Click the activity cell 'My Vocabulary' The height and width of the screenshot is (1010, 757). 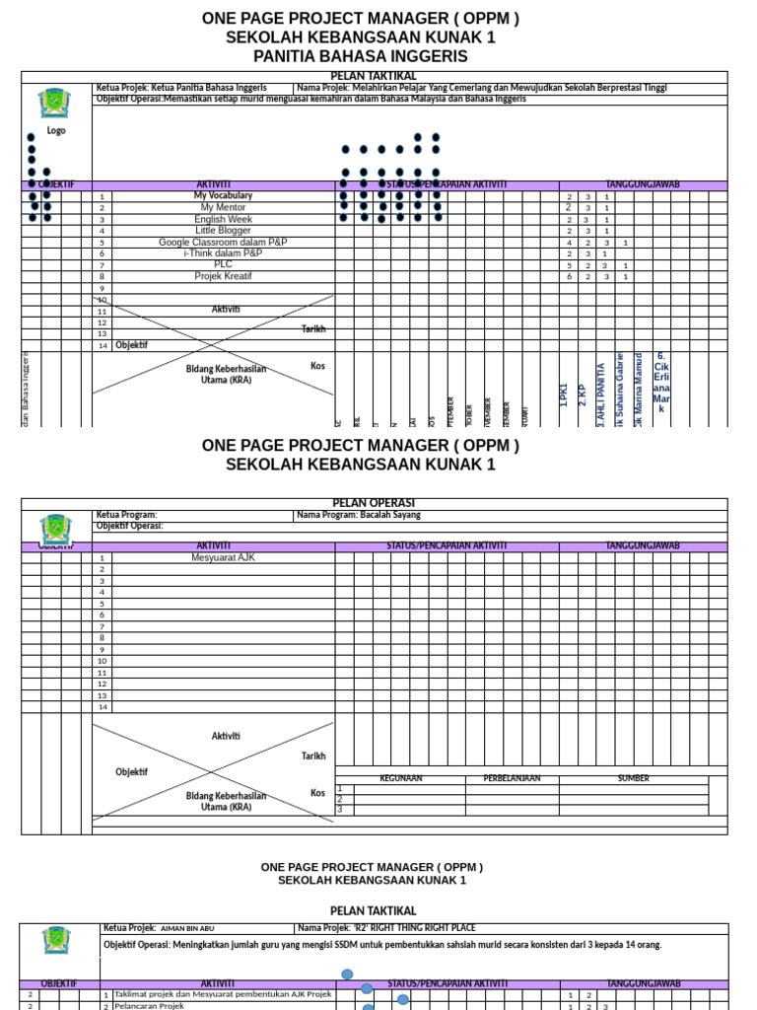[x=223, y=196]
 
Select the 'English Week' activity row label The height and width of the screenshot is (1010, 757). [x=223, y=219]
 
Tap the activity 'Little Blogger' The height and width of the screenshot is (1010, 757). [x=223, y=231]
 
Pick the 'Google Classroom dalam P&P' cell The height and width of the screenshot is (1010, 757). [x=223, y=243]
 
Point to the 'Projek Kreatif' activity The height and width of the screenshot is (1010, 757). [x=223, y=277]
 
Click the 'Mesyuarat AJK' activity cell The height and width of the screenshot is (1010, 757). [x=223, y=557]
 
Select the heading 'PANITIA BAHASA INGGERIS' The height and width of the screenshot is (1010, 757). [x=360, y=57]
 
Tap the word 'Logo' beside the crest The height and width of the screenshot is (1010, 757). [x=56, y=130]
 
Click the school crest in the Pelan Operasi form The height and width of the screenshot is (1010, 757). [x=55, y=528]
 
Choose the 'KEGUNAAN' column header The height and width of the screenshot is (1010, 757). [x=401, y=779]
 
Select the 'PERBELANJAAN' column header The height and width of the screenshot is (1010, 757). [x=512, y=779]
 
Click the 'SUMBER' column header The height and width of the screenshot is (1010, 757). [x=633, y=779]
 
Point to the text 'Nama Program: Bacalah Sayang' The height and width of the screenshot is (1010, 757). [x=359, y=515]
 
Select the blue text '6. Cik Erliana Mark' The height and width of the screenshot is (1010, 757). [x=661, y=383]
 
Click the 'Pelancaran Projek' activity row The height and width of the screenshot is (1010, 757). [x=149, y=1006]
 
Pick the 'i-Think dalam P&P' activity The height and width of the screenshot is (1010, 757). [x=223, y=253]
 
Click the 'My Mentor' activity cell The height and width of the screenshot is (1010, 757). [x=223, y=208]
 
